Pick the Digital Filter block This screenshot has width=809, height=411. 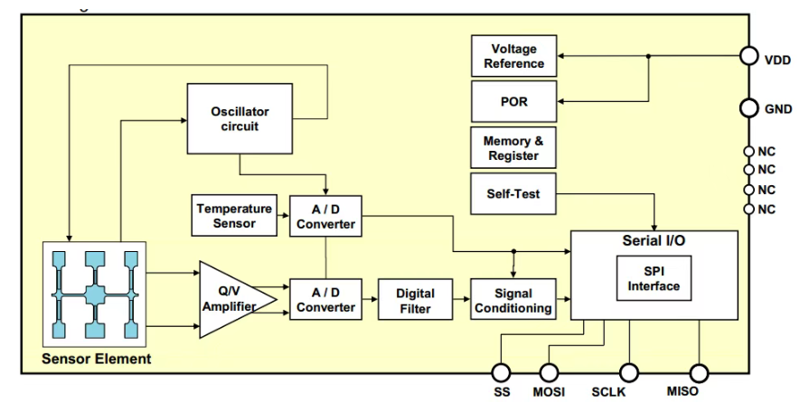415,300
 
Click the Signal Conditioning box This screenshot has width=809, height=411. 513,300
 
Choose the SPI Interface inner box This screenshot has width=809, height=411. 654,279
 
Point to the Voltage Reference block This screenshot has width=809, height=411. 513,56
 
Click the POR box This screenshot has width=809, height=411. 513,102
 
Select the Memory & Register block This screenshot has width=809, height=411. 513,148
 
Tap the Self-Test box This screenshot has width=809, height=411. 513,192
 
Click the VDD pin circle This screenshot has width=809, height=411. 748,56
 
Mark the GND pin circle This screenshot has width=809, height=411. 748,108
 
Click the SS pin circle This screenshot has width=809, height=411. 501,372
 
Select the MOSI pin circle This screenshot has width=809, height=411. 550,372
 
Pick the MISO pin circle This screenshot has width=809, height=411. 699,372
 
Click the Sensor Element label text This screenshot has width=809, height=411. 97,360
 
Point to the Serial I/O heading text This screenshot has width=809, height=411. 654,241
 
